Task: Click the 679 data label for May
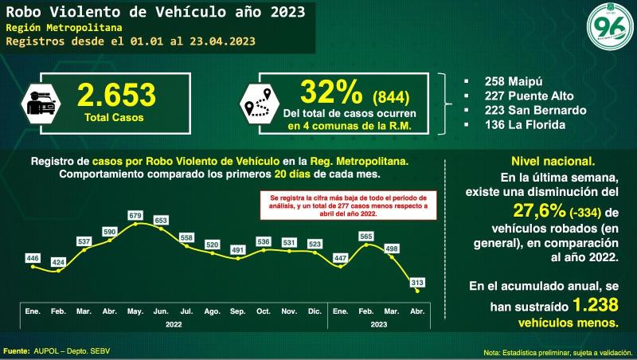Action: (x=135, y=216)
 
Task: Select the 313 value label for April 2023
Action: (x=418, y=282)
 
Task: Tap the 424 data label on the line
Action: (x=59, y=261)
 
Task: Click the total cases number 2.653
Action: (x=116, y=96)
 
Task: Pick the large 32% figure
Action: (x=326, y=94)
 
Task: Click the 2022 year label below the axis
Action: (x=174, y=324)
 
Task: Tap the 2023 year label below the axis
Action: (x=378, y=324)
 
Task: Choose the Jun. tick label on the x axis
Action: (x=161, y=310)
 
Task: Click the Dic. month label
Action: (x=315, y=310)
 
